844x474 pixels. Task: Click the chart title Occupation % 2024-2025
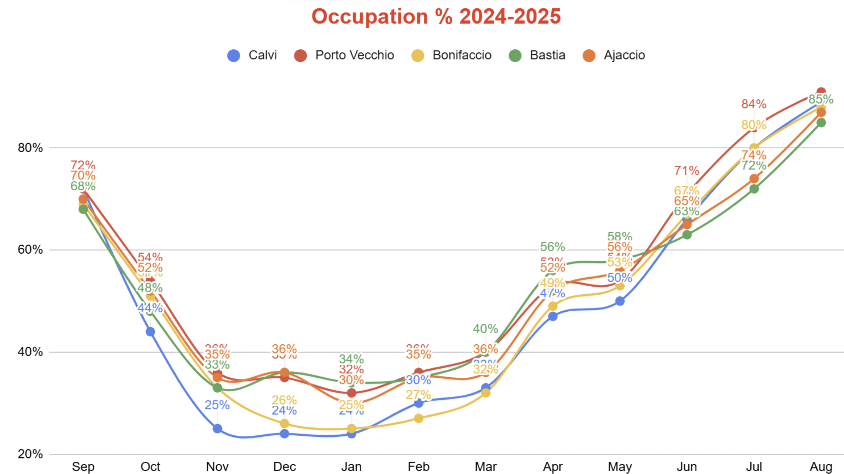click(436, 17)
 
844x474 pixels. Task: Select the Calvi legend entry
click(252, 55)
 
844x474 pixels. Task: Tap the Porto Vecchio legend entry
click(344, 55)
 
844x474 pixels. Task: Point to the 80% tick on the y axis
click(30, 148)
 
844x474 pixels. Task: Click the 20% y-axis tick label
click(30, 454)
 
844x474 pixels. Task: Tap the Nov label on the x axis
click(217, 466)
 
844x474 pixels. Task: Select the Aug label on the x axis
click(821, 466)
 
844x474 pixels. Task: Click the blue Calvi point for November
click(217, 428)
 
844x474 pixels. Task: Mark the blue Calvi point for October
click(150, 331)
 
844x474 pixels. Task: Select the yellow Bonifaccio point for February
click(419, 418)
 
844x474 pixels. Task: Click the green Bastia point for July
click(754, 188)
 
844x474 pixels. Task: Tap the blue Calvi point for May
click(620, 301)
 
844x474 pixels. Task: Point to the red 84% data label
click(754, 104)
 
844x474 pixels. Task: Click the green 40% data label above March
click(485, 329)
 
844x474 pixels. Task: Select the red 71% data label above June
click(687, 171)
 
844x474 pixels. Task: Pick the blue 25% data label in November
click(217, 405)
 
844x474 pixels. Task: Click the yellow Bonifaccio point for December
click(285, 423)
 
